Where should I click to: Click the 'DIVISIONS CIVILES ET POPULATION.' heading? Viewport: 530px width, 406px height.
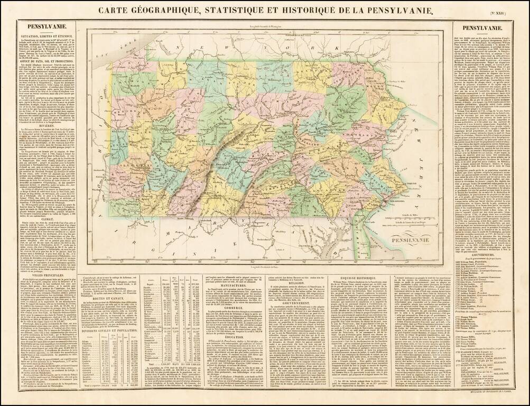point(108,330)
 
